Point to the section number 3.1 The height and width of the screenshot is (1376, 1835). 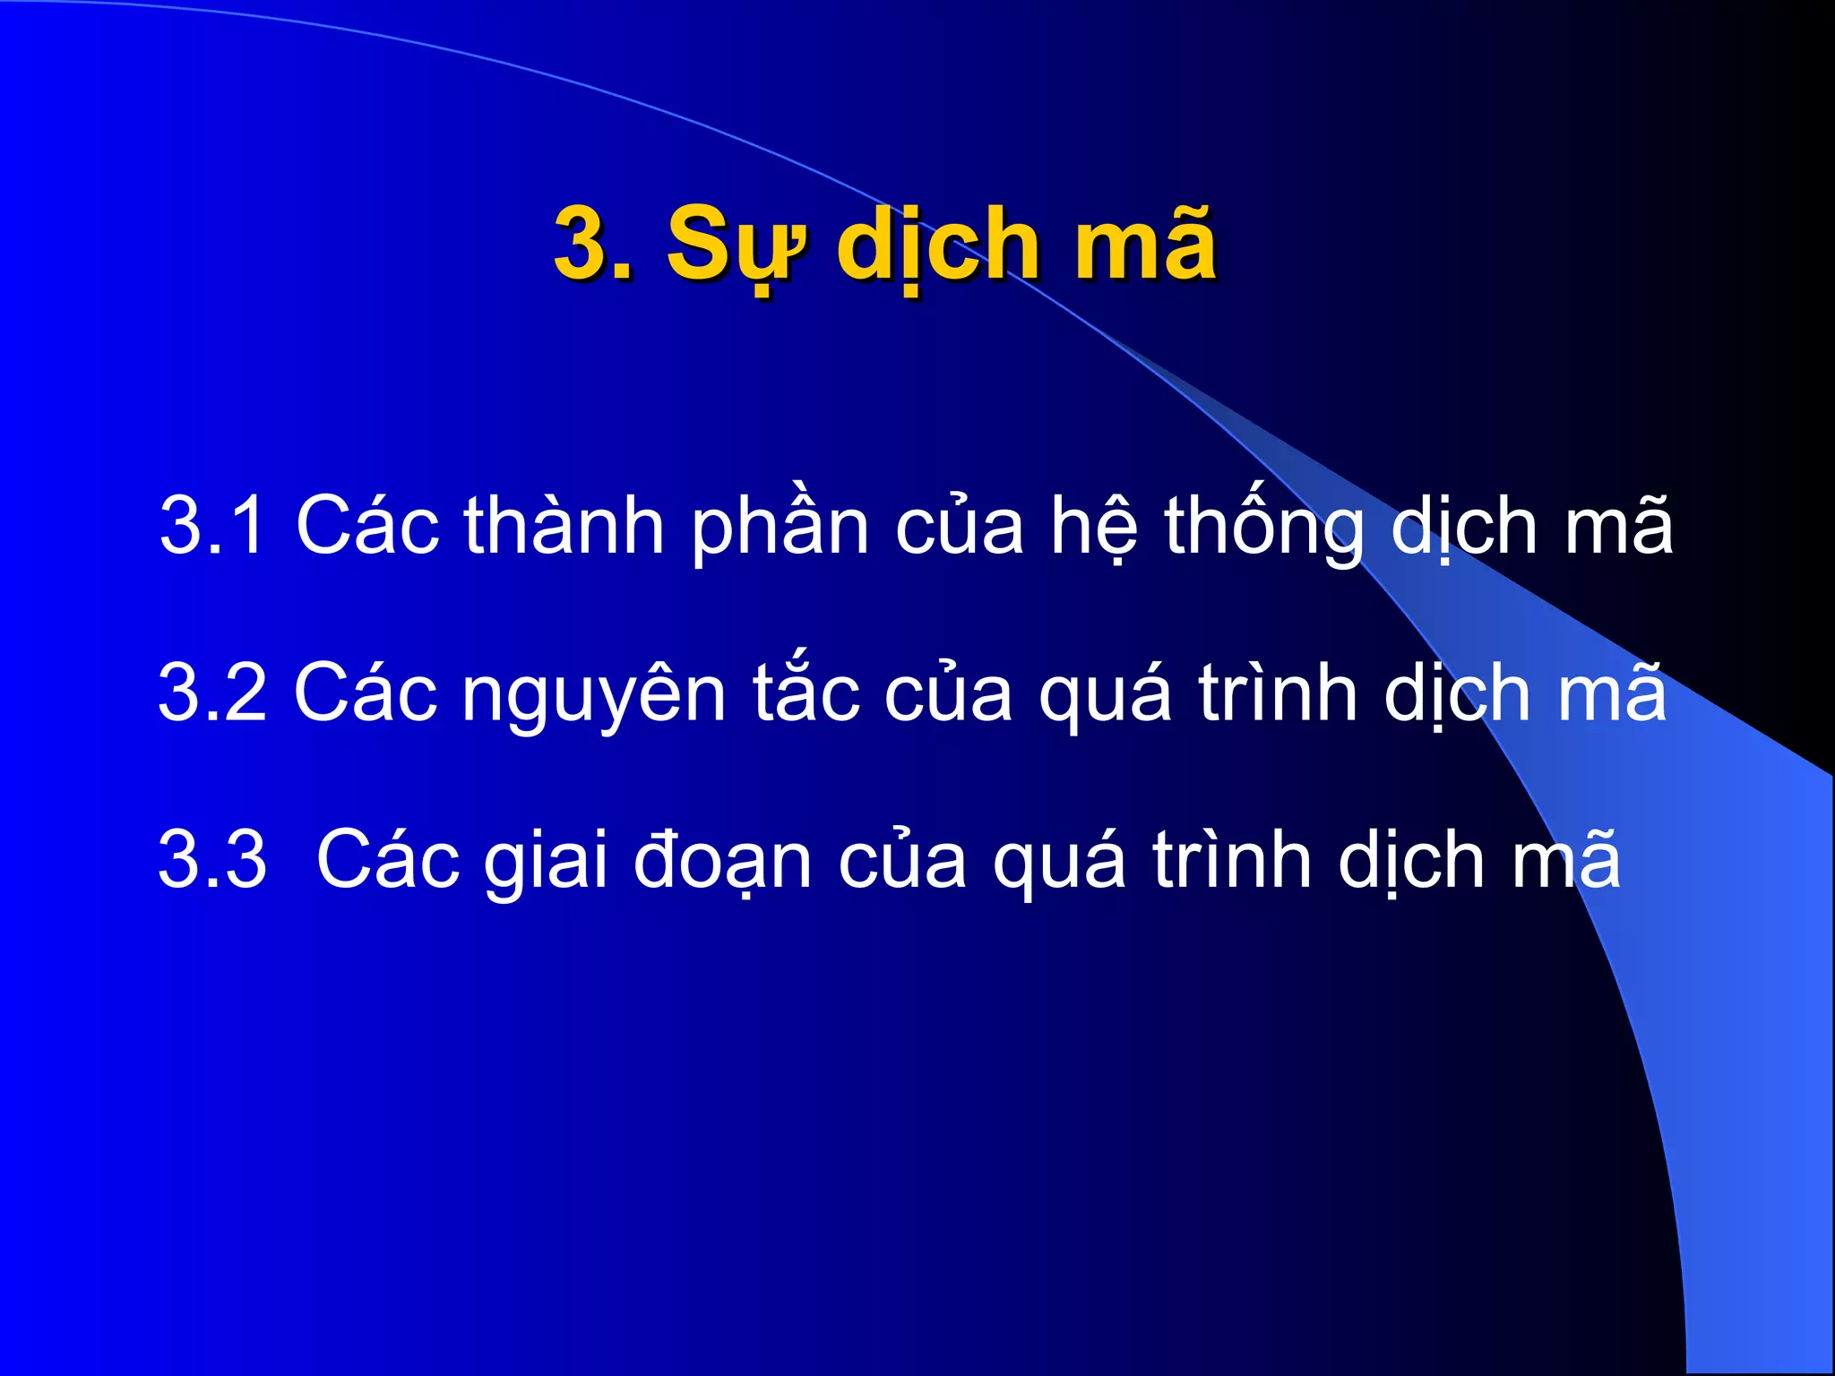pyautogui.click(x=212, y=526)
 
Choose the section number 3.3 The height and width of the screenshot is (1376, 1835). pyautogui.click(x=212, y=860)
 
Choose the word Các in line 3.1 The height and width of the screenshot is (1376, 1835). pyautogui.click(x=367, y=526)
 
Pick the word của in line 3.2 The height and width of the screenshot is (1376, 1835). pyautogui.click(x=949, y=694)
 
